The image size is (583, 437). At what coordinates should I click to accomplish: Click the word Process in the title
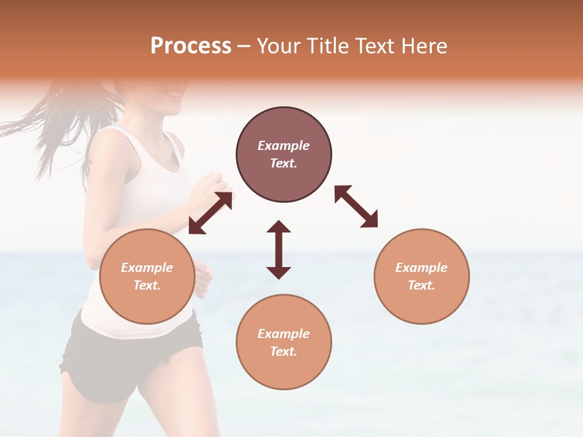[x=191, y=46]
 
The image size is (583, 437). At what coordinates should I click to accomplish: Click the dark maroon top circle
[x=284, y=155]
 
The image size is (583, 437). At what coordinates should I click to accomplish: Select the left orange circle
[x=147, y=276]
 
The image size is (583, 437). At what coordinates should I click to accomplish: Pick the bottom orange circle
[x=284, y=342]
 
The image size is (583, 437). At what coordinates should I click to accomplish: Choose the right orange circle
[x=421, y=276]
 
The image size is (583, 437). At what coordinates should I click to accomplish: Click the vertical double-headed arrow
[x=279, y=249]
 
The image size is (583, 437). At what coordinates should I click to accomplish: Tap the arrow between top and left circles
[x=210, y=213]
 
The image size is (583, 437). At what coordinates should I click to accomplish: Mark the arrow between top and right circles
[x=356, y=206]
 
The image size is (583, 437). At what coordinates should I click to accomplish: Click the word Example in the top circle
[x=284, y=146]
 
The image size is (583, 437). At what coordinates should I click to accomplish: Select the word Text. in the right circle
[x=421, y=285]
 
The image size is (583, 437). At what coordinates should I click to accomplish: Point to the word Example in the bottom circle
[x=284, y=334]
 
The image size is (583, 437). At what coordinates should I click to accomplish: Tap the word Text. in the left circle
[x=147, y=285]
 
